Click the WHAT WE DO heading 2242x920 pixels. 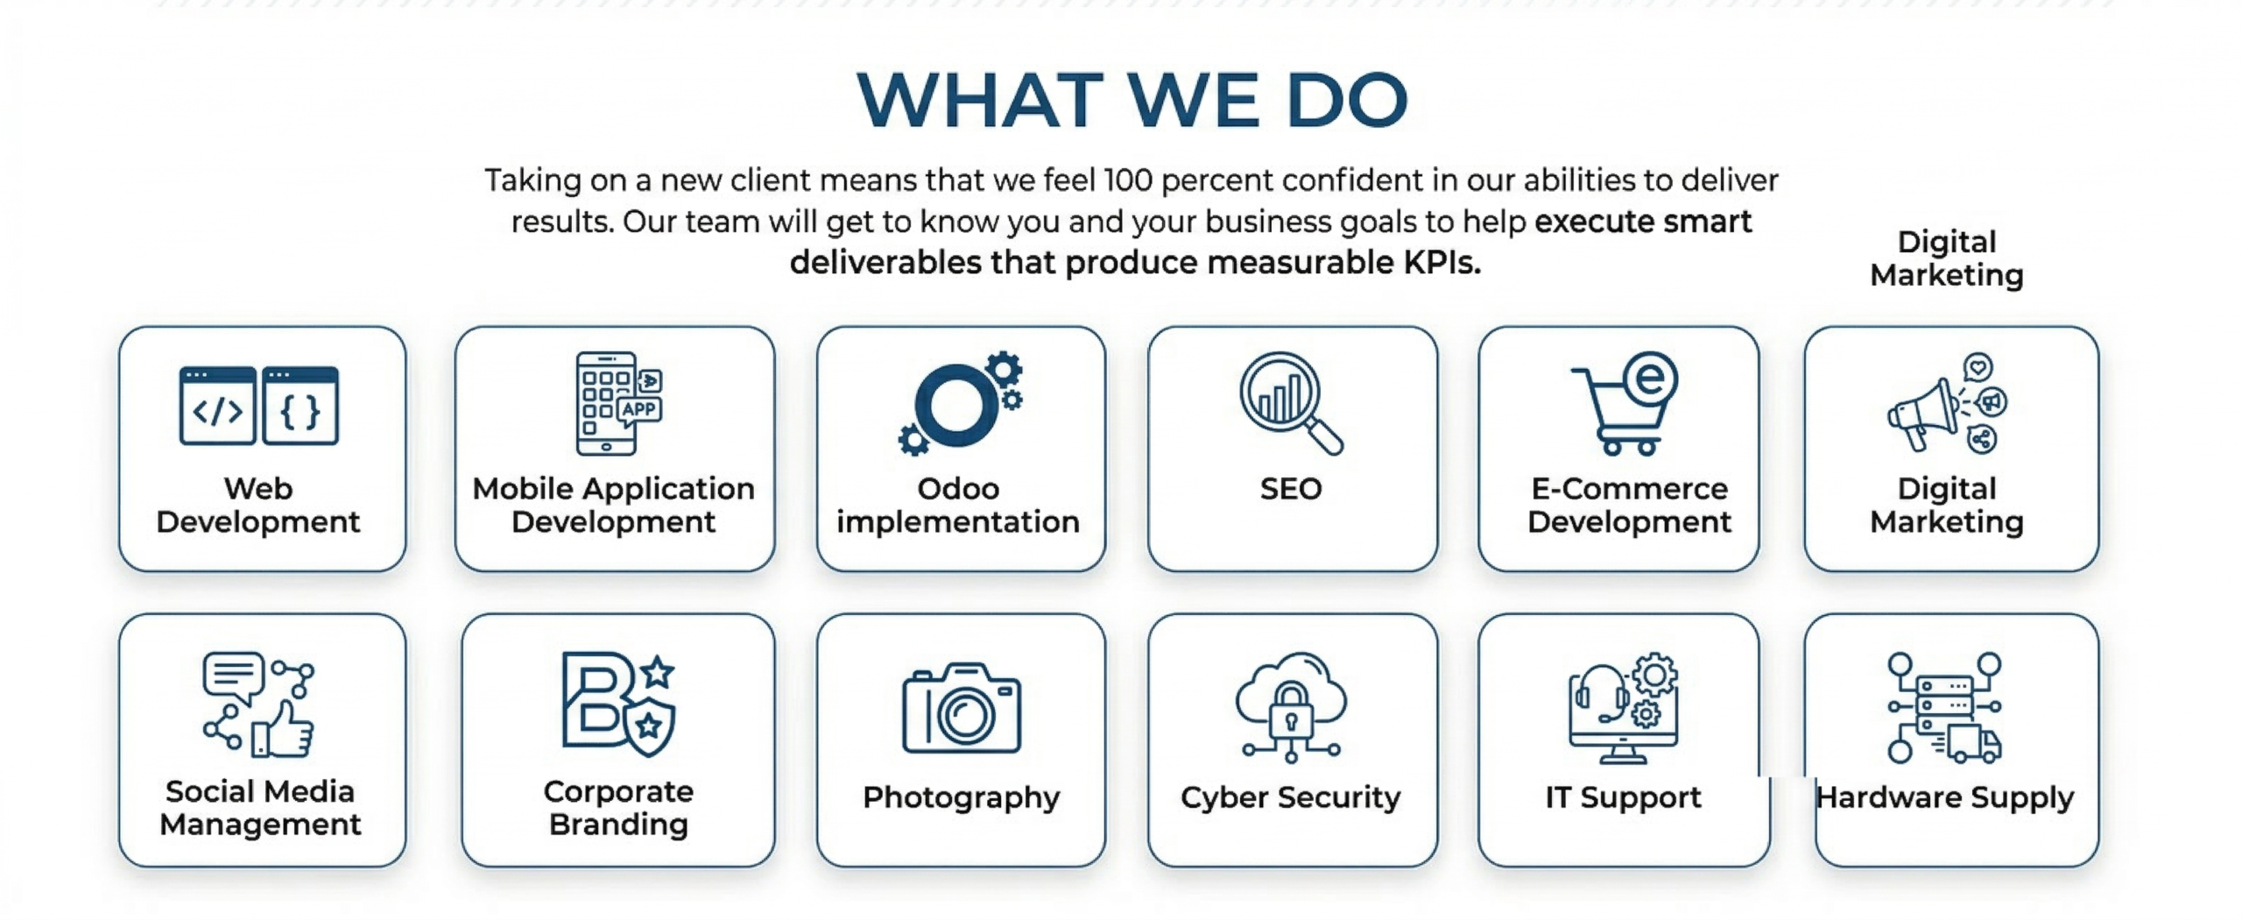[1132, 100]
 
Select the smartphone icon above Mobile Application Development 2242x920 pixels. [606, 404]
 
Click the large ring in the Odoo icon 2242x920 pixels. [956, 405]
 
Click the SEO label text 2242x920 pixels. [1291, 489]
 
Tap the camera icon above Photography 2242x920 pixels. [962, 710]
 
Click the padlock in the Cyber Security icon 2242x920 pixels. [1290, 710]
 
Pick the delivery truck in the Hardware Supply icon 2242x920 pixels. [1976, 745]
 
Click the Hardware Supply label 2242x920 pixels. [1944, 797]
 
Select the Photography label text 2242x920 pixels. [962, 797]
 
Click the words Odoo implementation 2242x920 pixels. [958, 506]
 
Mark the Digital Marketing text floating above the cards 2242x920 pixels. [1946, 258]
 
